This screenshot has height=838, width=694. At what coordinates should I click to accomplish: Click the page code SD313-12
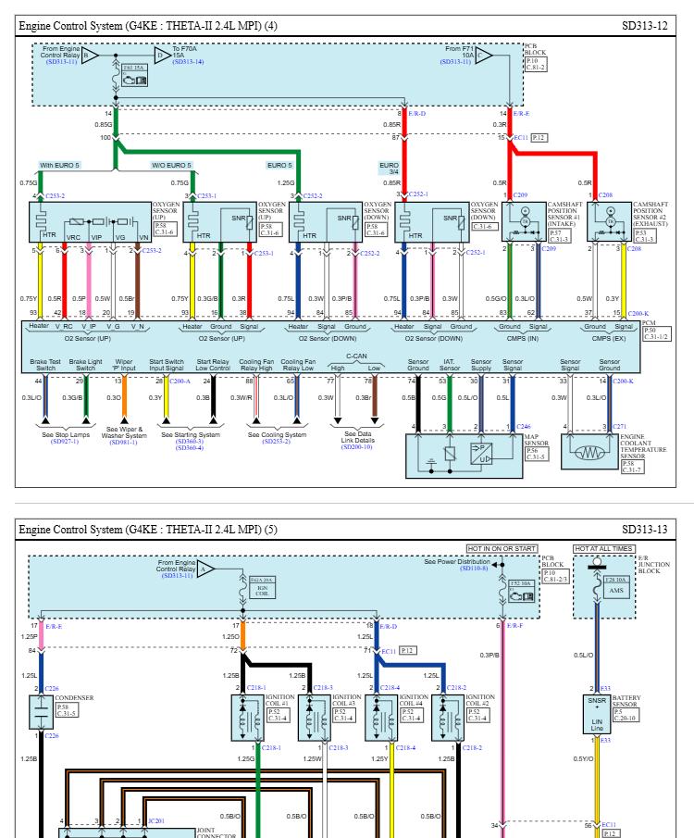pos(644,26)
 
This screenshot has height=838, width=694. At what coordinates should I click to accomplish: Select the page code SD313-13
pos(644,529)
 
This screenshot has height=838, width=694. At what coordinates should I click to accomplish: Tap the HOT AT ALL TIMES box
pos(604,548)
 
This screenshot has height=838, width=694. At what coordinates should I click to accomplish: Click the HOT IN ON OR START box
pos(502,548)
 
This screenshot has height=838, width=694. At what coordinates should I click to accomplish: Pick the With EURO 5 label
pos(59,166)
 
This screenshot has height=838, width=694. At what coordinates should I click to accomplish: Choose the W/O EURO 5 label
pos(171,166)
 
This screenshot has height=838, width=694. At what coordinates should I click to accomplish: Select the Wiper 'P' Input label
pos(124,365)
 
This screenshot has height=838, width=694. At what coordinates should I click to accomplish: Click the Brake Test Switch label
pos(44,365)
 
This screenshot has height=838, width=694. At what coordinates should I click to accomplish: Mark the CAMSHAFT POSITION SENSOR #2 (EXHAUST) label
pos(655,216)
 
